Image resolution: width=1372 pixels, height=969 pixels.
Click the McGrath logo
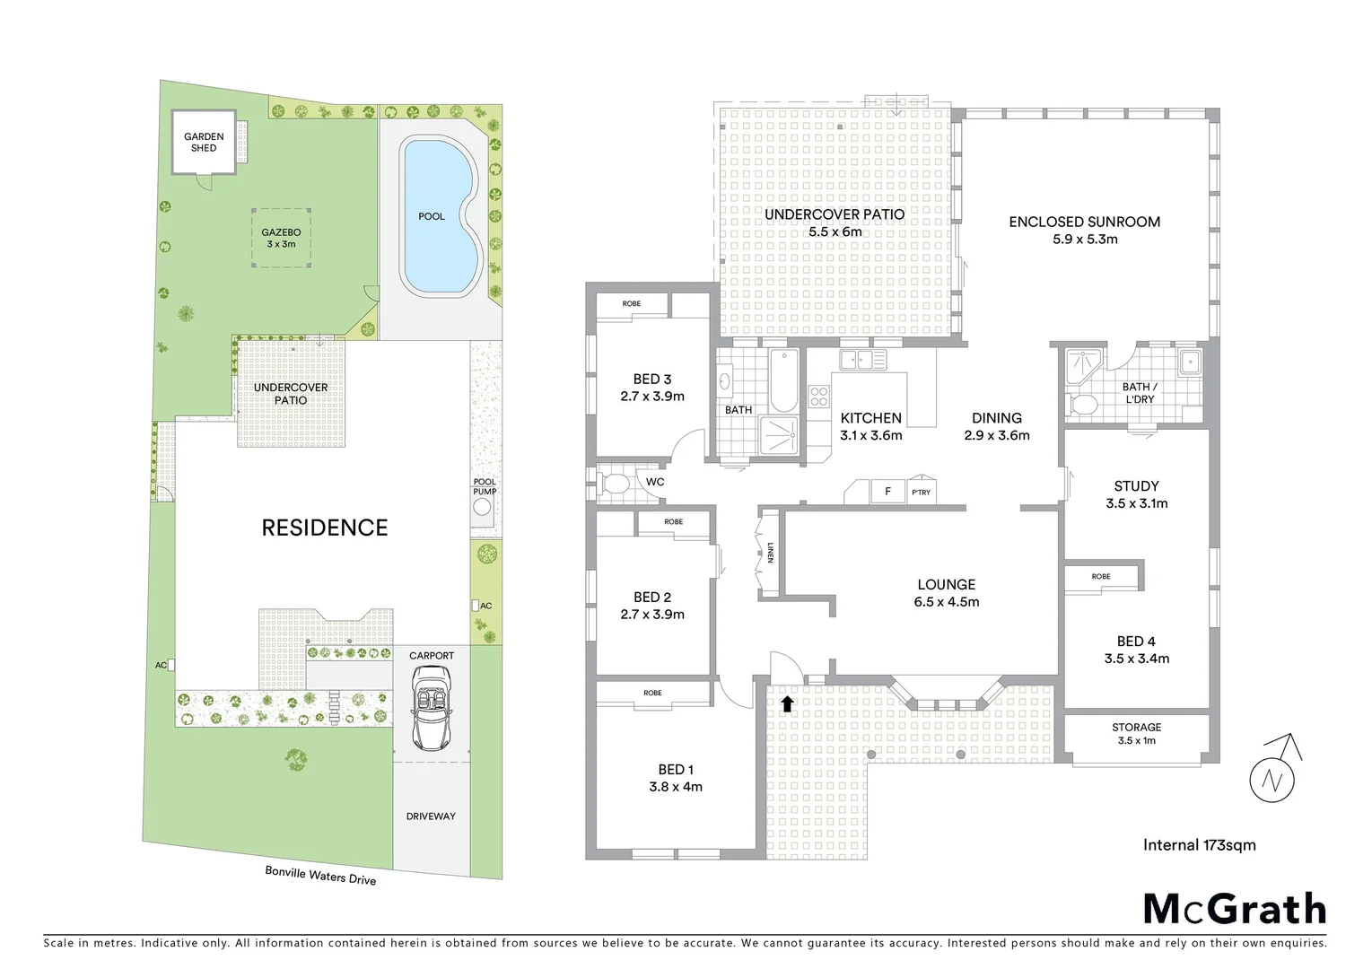(x=1234, y=909)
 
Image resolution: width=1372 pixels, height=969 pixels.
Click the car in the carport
(x=432, y=712)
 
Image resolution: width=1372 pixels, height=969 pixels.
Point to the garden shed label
(x=204, y=143)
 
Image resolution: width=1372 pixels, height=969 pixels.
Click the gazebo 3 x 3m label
(x=281, y=238)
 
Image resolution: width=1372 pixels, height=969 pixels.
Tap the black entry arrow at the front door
(x=787, y=704)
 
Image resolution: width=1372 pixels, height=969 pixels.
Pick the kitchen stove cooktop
(x=819, y=396)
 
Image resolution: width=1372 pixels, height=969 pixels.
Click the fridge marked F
(x=888, y=492)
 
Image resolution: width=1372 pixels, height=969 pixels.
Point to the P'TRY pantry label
(x=921, y=493)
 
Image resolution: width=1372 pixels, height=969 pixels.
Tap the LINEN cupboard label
(x=770, y=553)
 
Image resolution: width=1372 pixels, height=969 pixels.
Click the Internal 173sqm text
(x=1199, y=844)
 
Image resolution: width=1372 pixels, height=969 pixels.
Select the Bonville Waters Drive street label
(x=319, y=875)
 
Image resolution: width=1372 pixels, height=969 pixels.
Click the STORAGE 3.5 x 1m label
(x=1136, y=733)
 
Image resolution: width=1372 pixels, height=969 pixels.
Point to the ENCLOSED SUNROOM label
(x=1084, y=222)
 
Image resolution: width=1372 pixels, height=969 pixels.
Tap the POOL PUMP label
(x=485, y=486)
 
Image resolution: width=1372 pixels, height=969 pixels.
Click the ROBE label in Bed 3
(x=632, y=303)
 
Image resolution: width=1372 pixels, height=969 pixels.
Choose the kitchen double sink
(x=862, y=360)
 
